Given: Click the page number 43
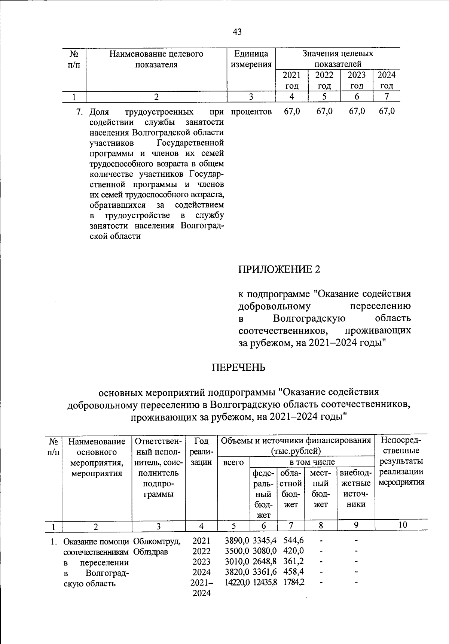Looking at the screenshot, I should pyautogui.click(x=237, y=32).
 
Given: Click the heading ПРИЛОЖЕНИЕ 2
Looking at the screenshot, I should pyautogui.click(x=280, y=269).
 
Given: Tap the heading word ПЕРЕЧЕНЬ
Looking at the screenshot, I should pyautogui.click(x=239, y=367).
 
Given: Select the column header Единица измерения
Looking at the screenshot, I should pyautogui.click(x=251, y=59).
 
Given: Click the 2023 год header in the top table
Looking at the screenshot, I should pyautogui.click(x=357, y=80).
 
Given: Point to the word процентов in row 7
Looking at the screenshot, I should pyautogui.click(x=251, y=112).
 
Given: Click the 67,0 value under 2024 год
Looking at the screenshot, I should pyautogui.click(x=387, y=112).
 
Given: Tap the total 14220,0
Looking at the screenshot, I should pyautogui.click(x=237, y=583).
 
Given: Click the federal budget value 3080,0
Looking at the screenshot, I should pyautogui.click(x=265, y=551).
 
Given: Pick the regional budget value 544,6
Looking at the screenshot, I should pyautogui.click(x=293, y=541).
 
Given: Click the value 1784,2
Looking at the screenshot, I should pyautogui.click(x=293, y=583).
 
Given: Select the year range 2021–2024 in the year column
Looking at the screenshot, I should pyautogui.click(x=201, y=588).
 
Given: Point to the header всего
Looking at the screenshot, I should pyautogui.click(x=233, y=462).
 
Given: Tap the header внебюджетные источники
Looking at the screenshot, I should pyautogui.click(x=356, y=488).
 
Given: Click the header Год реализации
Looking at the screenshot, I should pyautogui.click(x=201, y=451).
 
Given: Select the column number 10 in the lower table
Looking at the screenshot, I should pyautogui.click(x=402, y=525).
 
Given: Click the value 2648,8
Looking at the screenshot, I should pyautogui.click(x=265, y=562).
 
